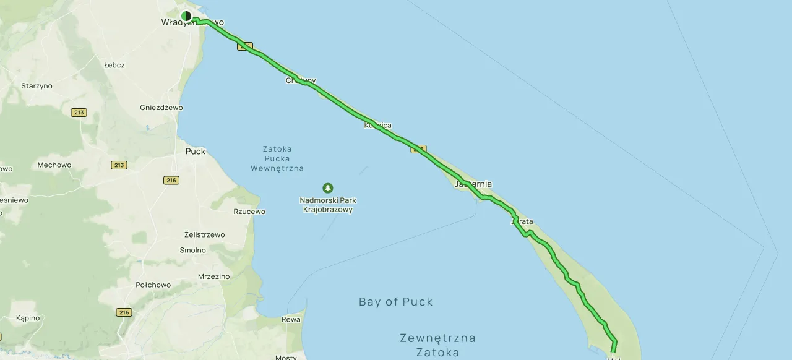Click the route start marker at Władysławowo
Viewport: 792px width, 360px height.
click(x=186, y=16)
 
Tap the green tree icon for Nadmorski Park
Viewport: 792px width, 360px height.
click(x=327, y=188)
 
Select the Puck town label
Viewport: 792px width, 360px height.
click(x=195, y=151)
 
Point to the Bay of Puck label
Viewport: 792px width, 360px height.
click(x=395, y=302)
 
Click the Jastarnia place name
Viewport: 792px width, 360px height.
click(x=473, y=184)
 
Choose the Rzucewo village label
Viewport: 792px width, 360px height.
click(x=249, y=212)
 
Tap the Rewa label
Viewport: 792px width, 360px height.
click(x=291, y=319)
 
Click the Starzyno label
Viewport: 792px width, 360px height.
click(x=37, y=86)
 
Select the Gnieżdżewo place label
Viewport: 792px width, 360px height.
click(x=161, y=107)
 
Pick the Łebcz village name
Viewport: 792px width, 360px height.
click(x=114, y=65)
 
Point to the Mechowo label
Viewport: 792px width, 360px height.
click(x=54, y=165)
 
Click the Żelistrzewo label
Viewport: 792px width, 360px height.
click(x=205, y=234)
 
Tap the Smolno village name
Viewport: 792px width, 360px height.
click(x=192, y=250)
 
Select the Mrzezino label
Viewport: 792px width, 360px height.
click(x=213, y=276)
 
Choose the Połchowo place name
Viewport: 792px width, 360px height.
click(x=153, y=285)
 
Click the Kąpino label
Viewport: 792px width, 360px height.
click(x=28, y=318)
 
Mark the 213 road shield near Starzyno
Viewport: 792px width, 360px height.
click(x=79, y=113)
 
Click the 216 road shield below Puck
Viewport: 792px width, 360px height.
click(x=171, y=180)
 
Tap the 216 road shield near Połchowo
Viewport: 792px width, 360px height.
click(x=124, y=312)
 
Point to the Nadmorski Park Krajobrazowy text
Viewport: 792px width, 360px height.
click(x=327, y=205)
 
